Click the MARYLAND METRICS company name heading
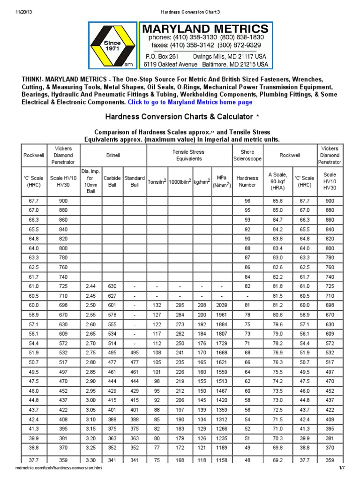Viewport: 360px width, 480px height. click(206, 29)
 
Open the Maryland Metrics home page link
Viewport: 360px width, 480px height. click(190, 102)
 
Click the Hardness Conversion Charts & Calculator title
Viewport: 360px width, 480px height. click(177, 116)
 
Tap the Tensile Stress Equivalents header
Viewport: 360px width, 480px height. click(189, 155)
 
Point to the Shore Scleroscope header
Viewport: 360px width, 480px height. click(247, 155)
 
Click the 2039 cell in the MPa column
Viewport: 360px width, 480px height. click(221, 306)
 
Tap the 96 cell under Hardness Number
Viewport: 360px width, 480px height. click(247, 201)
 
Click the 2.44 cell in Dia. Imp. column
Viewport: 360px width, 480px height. click(91, 286)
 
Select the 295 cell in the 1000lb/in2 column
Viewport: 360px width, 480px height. click(179, 306)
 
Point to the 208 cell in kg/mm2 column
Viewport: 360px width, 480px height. click(202, 306)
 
